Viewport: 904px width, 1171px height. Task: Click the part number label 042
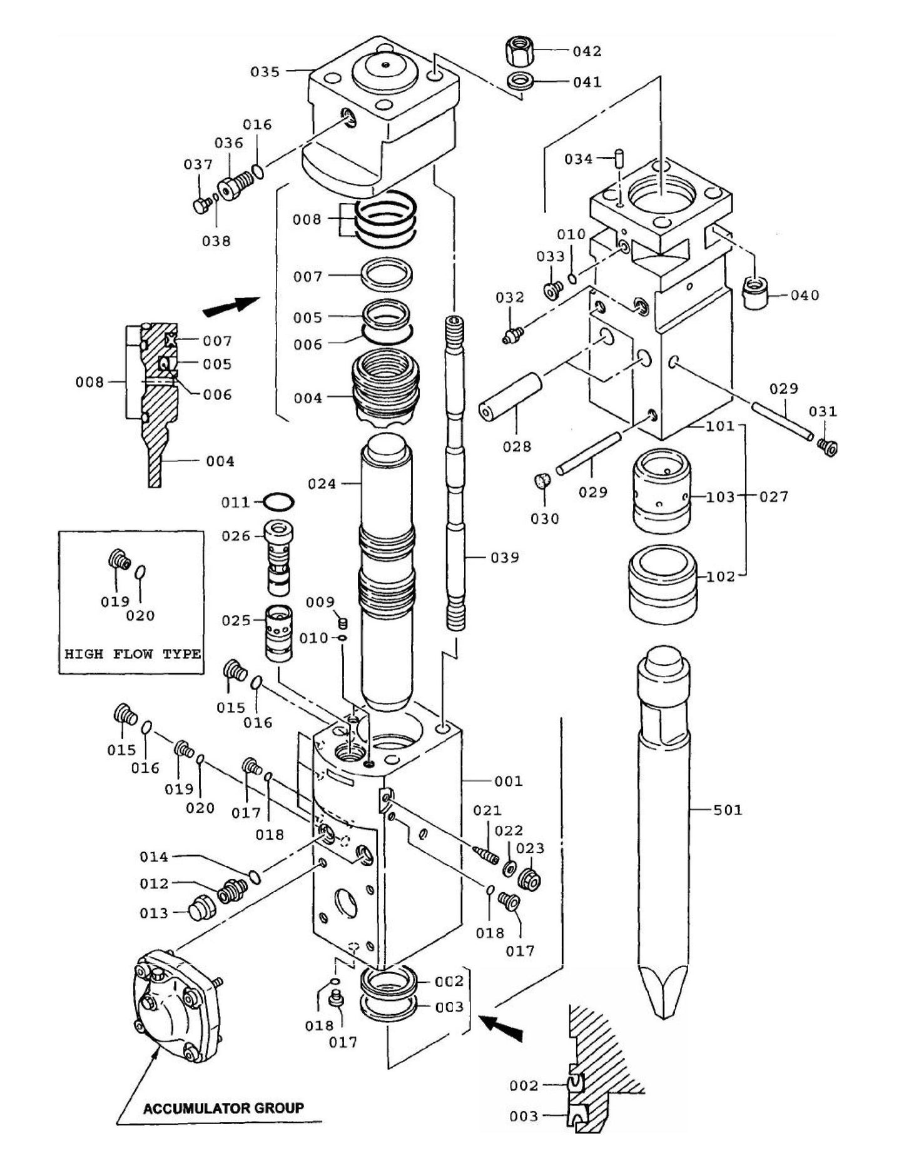click(587, 51)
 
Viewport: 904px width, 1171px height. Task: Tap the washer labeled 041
click(519, 81)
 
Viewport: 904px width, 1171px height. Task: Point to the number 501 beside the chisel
click(728, 810)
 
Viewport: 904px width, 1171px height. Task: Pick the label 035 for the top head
click(265, 72)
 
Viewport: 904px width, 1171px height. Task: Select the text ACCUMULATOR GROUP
click(223, 1108)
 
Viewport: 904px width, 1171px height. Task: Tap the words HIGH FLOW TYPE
click(133, 654)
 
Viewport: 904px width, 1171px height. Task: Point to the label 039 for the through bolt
click(504, 557)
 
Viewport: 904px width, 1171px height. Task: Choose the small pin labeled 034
click(619, 156)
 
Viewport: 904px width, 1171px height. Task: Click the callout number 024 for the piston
click(322, 483)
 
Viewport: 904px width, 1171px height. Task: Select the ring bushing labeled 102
click(663, 583)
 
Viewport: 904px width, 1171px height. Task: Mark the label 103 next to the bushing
click(721, 497)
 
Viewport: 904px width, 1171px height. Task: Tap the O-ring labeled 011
click(278, 501)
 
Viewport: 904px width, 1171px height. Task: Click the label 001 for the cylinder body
click(508, 781)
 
